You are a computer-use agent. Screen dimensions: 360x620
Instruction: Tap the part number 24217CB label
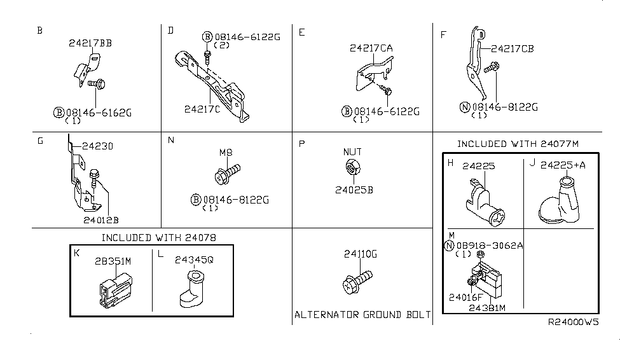coord(512,47)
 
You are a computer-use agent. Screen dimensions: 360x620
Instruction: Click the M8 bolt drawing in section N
coord(228,171)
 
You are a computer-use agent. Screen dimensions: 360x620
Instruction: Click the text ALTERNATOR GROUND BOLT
coord(362,315)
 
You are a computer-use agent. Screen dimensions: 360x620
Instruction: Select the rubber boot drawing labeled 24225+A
coord(560,203)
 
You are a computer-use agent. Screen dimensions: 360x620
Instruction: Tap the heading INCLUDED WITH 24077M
coord(518,144)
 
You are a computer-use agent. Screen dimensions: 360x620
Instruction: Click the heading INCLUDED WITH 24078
coord(159,238)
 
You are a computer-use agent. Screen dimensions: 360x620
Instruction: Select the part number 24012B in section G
coord(101,219)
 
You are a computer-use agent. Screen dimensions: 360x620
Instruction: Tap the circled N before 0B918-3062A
coord(450,246)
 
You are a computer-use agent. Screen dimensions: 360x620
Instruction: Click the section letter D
coord(170,30)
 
